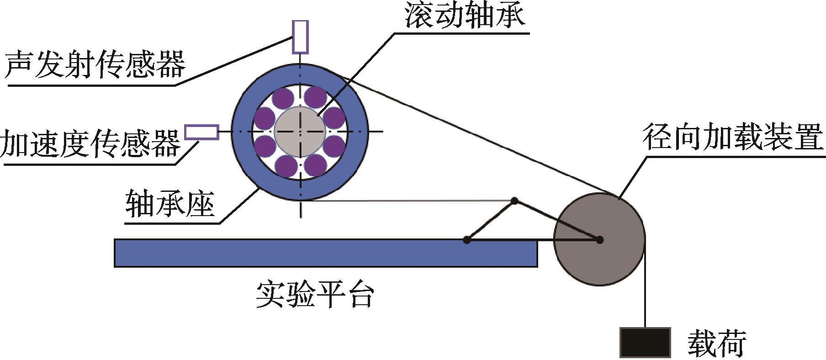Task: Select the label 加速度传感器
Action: point(90,143)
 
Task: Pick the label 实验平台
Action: point(315,295)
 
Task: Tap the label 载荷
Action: point(716,342)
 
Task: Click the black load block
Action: point(645,342)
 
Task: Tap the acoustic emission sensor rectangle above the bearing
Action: point(300,37)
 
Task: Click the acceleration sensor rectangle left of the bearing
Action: point(201,132)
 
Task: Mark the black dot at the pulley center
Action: point(599,240)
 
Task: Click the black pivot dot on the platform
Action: point(466,239)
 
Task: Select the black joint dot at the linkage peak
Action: point(514,201)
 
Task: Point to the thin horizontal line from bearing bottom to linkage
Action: point(411,200)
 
